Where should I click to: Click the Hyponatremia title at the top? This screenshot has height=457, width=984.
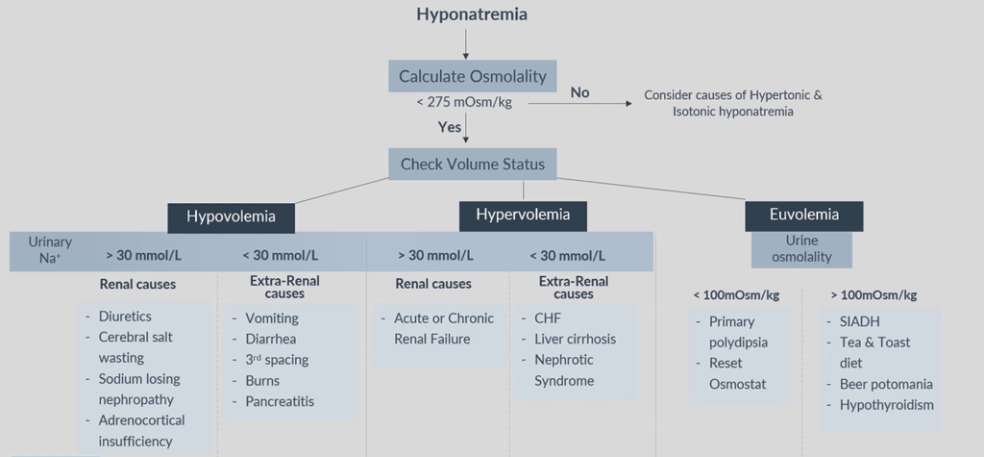pos(472,14)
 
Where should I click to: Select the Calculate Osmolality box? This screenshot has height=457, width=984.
pos(472,76)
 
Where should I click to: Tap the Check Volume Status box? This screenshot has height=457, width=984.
pos(472,164)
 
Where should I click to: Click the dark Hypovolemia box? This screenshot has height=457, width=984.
pos(231,216)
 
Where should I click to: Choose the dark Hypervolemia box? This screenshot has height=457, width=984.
pos(523,215)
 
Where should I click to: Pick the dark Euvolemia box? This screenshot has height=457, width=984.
pos(803,215)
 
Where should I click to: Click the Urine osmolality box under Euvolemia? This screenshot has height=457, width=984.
pos(803,248)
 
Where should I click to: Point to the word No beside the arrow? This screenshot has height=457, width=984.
pos(579,92)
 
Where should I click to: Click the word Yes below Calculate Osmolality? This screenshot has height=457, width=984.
pos(451,126)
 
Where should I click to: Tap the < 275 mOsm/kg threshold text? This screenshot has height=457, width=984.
pos(456,102)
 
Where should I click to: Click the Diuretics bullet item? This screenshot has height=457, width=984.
pos(125,317)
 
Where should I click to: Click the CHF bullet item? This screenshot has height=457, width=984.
pos(549,318)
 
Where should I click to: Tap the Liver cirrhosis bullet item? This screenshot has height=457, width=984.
pos(575,339)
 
